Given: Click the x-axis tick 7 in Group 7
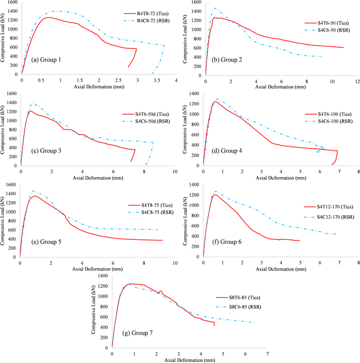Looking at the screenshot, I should (268, 353).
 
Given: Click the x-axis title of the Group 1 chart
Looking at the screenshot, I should (99, 86).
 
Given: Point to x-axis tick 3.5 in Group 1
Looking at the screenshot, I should (157, 80).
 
